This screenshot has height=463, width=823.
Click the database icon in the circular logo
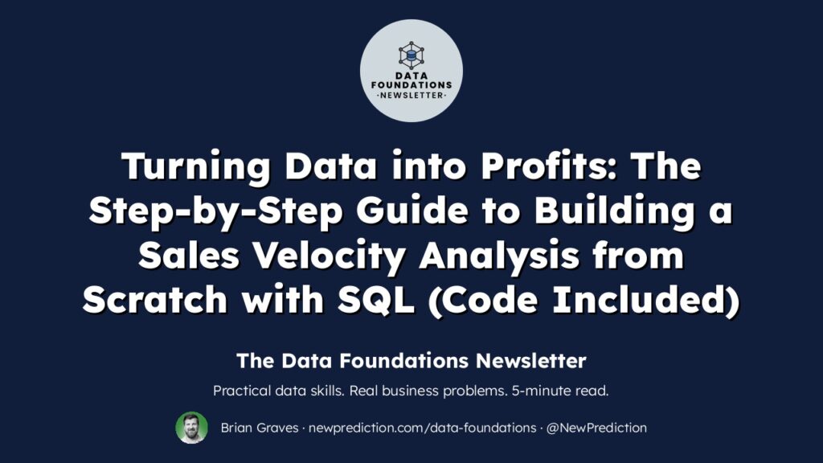pyautogui.click(x=411, y=55)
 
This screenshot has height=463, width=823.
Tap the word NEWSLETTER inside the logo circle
pyautogui.click(x=411, y=96)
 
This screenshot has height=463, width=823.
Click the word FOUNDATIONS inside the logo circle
pyautogui.click(x=411, y=85)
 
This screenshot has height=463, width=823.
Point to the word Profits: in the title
pyautogui.click(x=549, y=166)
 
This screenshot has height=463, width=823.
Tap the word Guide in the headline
pyautogui.click(x=412, y=211)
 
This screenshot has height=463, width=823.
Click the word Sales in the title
pyautogui.click(x=188, y=256)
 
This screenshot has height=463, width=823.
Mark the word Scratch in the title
pyautogui.click(x=155, y=301)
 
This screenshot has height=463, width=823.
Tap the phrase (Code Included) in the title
pyautogui.click(x=583, y=301)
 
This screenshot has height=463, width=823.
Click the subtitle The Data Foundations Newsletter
pyautogui.click(x=411, y=361)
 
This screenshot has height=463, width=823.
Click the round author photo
pyautogui.click(x=191, y=428)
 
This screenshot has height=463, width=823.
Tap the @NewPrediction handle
pyautogui.click(x=596, y=428)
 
